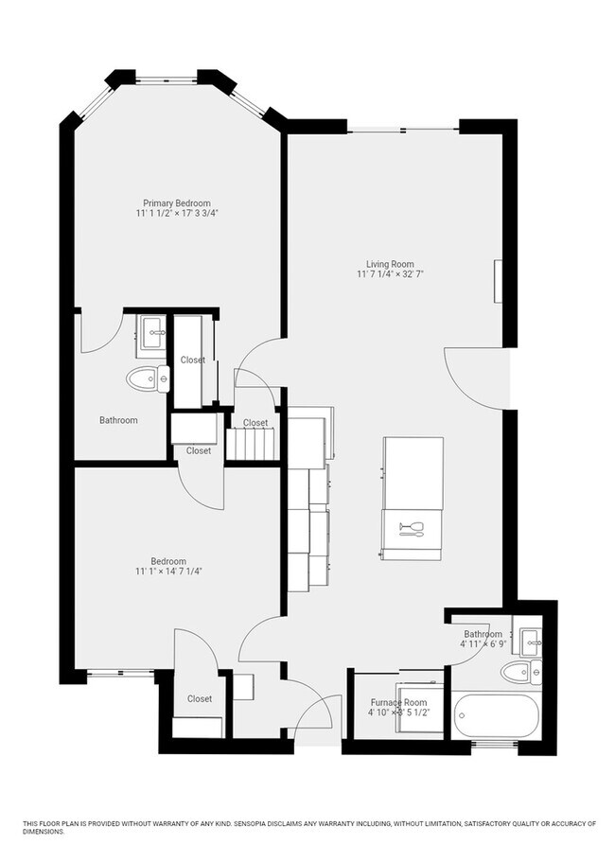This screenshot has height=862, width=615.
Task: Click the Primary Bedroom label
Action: tap(177, 202)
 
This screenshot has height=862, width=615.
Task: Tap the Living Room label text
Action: tap(390, 264)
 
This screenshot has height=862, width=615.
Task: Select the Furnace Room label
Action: tap(397, 703)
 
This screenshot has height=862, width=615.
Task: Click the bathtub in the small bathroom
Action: tap(496, 720)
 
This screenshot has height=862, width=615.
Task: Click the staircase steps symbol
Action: tap(249, 443)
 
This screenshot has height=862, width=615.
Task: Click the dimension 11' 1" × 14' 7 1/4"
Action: tap(169, 571)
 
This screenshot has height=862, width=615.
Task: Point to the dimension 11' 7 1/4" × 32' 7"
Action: tap(390, 275)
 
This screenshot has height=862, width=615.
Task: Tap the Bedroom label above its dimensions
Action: tap(168, 560)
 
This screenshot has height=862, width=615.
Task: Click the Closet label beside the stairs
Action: tap(255, 422)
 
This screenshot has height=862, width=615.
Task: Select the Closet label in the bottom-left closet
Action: tap(200, 698)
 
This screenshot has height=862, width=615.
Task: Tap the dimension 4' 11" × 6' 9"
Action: tap(483, 644)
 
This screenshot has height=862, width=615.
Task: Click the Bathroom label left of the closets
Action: tap(118, 420)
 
